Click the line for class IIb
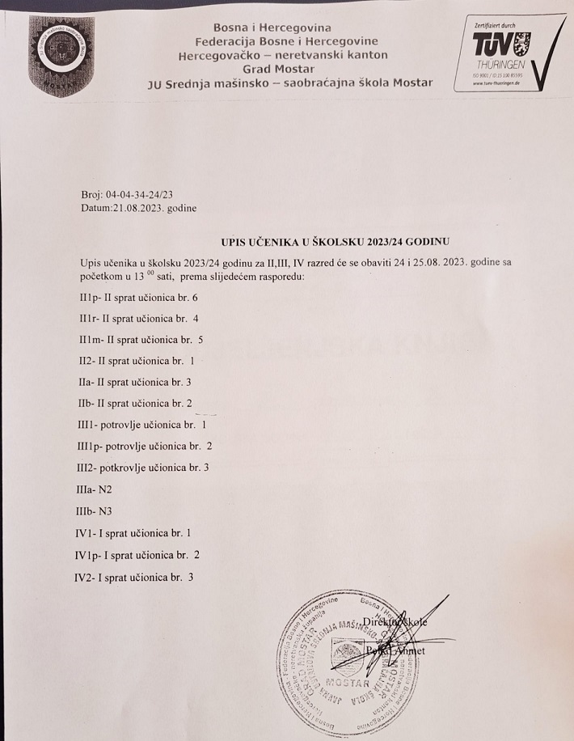(133, 402)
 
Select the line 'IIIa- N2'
(91, 489)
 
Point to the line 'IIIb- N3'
(91, 510)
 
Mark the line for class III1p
(145, 446)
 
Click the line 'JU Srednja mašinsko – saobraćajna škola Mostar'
(289, 83)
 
